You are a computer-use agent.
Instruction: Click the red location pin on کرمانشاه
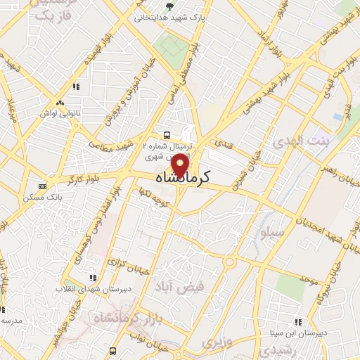181,165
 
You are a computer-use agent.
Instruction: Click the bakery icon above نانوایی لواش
75,87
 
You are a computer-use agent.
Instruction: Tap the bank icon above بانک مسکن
43,186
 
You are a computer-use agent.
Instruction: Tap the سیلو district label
271,231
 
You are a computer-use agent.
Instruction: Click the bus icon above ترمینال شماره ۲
167,134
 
